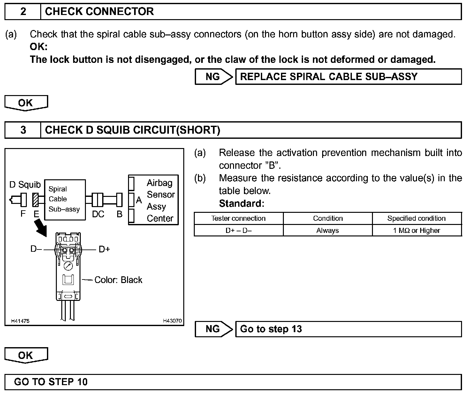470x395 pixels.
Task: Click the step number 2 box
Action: coord(23,12)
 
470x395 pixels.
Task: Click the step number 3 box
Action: coord(23,130)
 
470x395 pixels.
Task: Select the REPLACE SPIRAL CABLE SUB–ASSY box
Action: coord(348,77)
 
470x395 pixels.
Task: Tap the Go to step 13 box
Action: coord(348,329)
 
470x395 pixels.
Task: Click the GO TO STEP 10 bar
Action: coord(233,382)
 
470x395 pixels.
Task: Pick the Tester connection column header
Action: coord(238,219)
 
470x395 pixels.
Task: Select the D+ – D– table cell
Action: coord(238,230)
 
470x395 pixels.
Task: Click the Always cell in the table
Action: coord(328,230)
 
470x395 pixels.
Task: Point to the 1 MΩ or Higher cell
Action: coord(417,230)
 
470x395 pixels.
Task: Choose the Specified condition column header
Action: coord(417,219)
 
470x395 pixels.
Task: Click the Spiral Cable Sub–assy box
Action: coord(65,199)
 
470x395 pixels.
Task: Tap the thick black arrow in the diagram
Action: coord(41,229)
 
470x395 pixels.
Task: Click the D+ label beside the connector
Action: coord(104,249)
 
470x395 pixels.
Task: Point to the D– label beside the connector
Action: coord(36,249)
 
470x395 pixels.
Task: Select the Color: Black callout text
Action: coord(118,280)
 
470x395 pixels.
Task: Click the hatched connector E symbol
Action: coord(35,200)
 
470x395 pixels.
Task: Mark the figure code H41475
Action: coord(20,321)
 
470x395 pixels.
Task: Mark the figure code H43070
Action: coord(172,321)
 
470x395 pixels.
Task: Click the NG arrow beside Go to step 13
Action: coord(214,329)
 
